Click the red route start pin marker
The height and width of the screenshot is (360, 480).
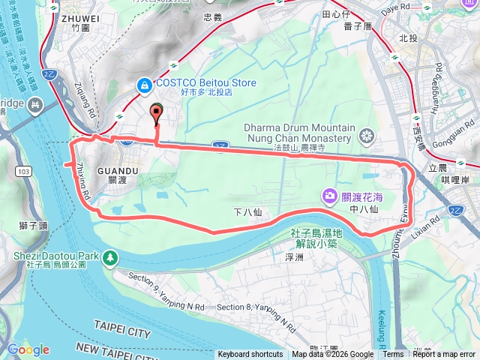point(157,113)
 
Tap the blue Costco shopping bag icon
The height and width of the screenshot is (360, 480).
point(142,86)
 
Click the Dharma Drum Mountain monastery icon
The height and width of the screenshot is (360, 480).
point(366,136)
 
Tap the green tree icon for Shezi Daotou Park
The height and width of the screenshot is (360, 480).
point(110,257)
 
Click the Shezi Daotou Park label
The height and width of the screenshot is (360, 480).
point(56,255)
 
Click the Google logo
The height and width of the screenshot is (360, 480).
point(28,349)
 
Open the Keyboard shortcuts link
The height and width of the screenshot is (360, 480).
point(250,355)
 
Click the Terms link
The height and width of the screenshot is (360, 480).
point(393,355)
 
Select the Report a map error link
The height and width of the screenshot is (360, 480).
point(444,355)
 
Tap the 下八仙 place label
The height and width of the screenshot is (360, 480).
point(247,213)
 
